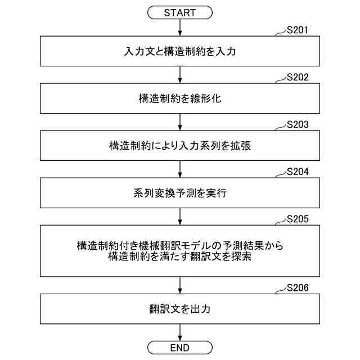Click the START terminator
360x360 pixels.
[x=179, y=12]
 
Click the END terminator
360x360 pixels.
[x=179, y=347]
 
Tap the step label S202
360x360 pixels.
[x=297, y=78]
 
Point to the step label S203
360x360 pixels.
[x=297, y=125]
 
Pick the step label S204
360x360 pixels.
[x=297, y=172]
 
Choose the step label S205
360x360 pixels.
[x=297, y=219]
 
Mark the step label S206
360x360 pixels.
[x=297, y=289]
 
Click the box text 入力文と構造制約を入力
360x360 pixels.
[x=179, y=52]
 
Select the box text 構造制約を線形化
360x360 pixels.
[x=179, y=99]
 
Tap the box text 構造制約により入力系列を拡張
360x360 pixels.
[x=179, y=146]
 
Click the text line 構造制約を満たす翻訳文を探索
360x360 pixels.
[x=179, y=257]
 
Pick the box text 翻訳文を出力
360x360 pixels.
[x=179, y=309]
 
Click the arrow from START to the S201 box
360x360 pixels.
[x=179, y=28]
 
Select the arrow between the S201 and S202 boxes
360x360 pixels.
[x=179, y=75]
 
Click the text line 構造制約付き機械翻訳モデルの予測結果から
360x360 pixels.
[x=179, y=246]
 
